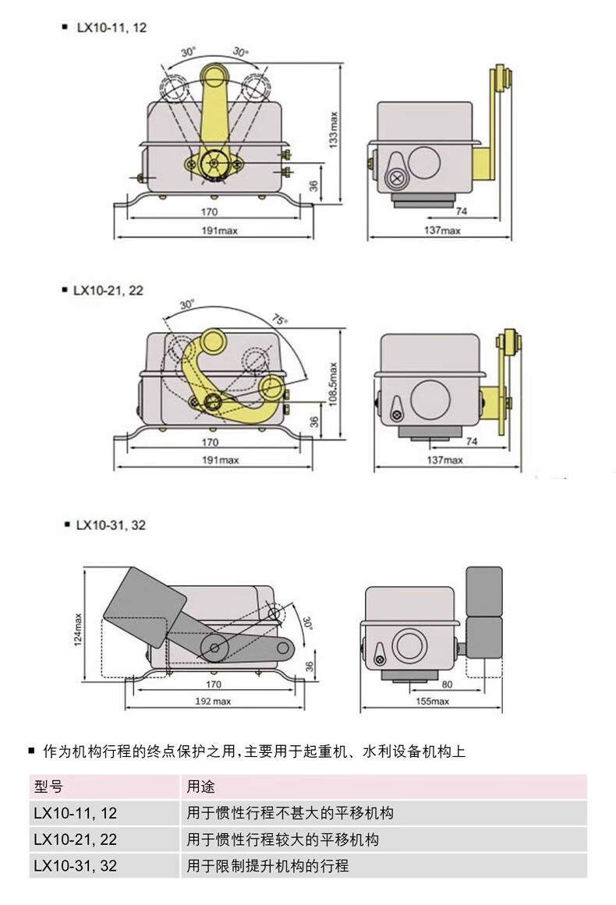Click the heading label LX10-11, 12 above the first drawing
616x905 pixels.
(x=111, y=27)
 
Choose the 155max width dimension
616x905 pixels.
(x=431, y=701)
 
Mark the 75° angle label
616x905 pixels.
(x=279, y=319)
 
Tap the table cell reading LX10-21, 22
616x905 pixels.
(x=75, y=840)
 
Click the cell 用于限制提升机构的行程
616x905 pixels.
(x=267, y=865)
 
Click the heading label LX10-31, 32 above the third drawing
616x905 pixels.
(x=111, y=525)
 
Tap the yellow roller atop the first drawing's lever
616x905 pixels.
(x=214, y=76)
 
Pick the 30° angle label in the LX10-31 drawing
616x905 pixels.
(x=307, y=623)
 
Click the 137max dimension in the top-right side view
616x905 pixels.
(x=442, y=230)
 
